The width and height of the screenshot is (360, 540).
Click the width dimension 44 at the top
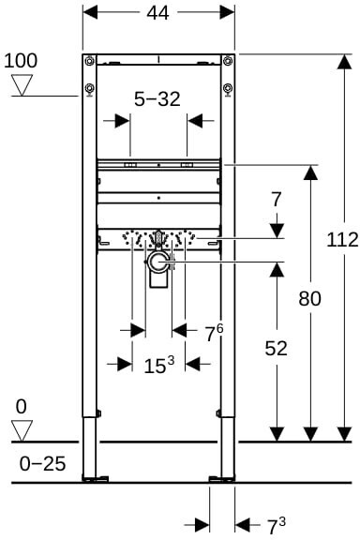(157, 13)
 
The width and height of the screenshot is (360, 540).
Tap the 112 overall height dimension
(342, 240)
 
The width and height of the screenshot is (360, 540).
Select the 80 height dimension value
(309, 298)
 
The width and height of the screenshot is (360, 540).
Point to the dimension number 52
(276, 348)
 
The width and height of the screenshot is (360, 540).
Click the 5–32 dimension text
(157, 99)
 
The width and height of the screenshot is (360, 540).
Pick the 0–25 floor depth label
(42, 463)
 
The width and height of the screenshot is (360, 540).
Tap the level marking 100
(21, 61)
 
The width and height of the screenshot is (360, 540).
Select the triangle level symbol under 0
(22, 430)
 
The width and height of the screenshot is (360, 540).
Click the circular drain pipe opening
(158, 262)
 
